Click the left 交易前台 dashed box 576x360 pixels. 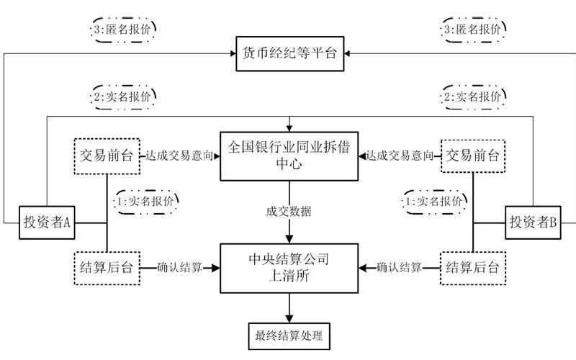click(107, 155)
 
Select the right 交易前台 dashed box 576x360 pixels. click(472, 155)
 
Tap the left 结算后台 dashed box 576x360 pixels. click(107, 267)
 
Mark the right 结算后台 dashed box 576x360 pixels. click(472, 267)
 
